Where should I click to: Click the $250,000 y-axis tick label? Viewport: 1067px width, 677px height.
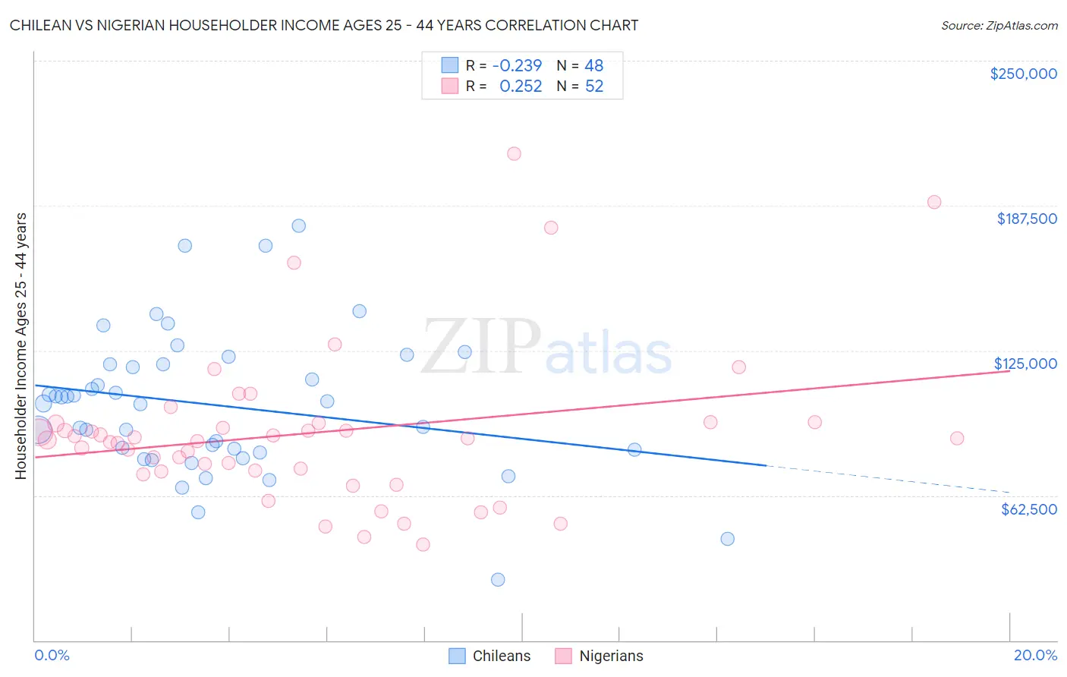pyautogui.click(x=1023, y=74)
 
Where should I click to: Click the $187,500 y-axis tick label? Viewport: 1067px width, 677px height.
pyautogui.click(x=1026, y=219)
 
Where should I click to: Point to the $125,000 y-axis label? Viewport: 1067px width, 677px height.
pyautogui.click(x=1025, y=364)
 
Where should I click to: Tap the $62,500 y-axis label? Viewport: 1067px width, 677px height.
pyautogui.click(x=1028, y=509)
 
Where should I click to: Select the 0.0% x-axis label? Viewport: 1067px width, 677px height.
pyautogui.click(x=52, y=655)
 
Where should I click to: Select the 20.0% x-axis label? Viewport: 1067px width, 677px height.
pyautogui.click(x=1035, y=655)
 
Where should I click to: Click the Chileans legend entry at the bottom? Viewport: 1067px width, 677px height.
pyautogui.click(x=489, y=656)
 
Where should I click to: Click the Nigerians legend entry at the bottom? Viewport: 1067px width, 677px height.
pyautogui.click(x=599, y=656)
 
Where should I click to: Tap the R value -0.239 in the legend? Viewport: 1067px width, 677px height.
pyautogui.click(x=517, y=66)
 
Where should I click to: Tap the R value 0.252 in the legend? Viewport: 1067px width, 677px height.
pyautogui.click(x=521, y=87)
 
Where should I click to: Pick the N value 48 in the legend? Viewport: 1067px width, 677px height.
pyautogui.click(x=593, y=66)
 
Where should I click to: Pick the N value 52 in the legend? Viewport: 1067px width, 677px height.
pyautogui.click(x=593, y=87)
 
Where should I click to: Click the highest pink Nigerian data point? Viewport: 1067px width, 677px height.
pyautogui.click(x=514, y=154)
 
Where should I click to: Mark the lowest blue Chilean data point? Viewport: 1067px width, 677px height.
pyautogui.click(x=498, y=580)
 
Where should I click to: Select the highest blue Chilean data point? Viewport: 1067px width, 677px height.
pyautogui.click(x=299, y=226)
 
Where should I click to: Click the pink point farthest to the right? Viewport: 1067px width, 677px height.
pyautogui.click(x=957, y=439)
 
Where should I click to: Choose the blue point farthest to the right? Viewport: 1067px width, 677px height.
pyautogui.click(x=727, y=539)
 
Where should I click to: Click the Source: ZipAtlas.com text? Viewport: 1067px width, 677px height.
pyautogui.click(x=999, y=26)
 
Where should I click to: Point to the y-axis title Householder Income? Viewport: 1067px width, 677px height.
pyautogui.click(x=21, y=345)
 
